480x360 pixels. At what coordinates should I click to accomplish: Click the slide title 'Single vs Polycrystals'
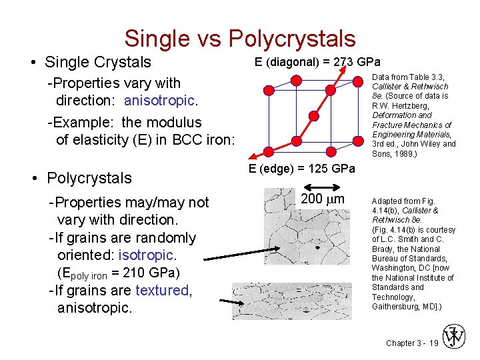coord(239,38)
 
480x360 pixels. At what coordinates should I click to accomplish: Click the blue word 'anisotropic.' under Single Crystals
coord(160,101)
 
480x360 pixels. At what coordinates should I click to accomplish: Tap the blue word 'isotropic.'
coord(147,255)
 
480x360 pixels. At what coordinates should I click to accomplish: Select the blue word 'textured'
coord(163,290)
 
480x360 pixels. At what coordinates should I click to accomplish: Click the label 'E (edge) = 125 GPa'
coord(302,168)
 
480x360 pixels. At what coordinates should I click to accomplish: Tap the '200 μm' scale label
coord(323,199)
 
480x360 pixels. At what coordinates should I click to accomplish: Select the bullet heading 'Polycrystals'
coord(89,178)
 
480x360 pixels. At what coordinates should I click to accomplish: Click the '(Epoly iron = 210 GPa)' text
coord(119,273)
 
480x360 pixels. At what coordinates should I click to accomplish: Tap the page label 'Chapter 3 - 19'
coord(412,343)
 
